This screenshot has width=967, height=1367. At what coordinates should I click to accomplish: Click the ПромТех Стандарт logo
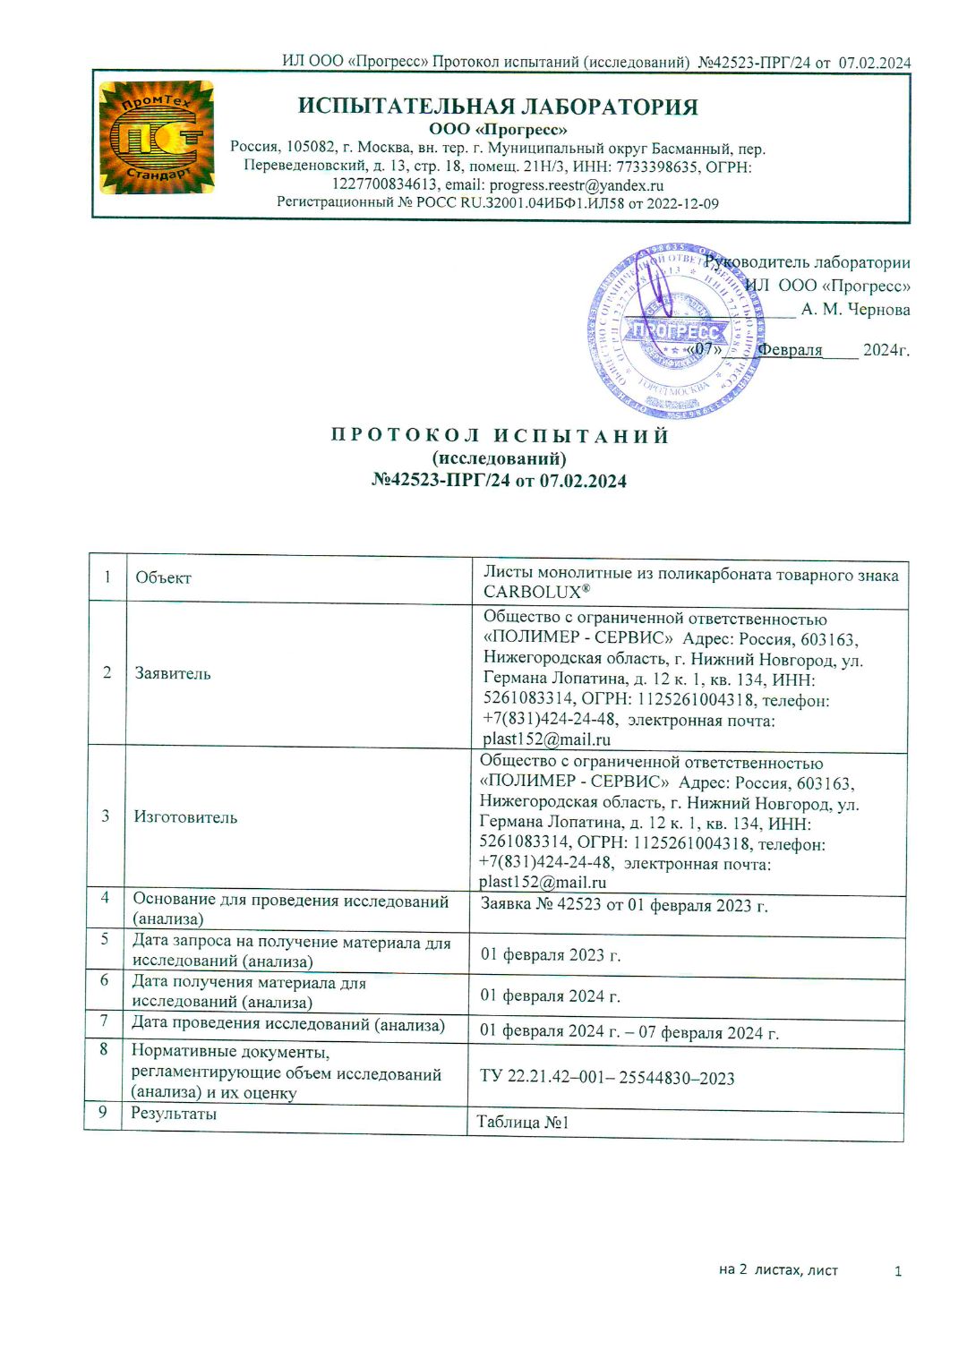[x=157, y=137]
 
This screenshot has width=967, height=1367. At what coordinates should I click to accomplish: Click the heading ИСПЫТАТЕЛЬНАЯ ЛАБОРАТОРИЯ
[x=498, y=107]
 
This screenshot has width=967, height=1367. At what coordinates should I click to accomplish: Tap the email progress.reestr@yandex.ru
[x=577, y=185]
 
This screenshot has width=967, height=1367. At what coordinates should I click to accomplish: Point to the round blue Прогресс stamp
[x=676, y=331]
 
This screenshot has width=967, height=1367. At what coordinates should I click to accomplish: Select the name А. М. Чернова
[x=855, y=310]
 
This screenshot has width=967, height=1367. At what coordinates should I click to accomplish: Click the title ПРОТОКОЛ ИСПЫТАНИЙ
[x=500, y=436]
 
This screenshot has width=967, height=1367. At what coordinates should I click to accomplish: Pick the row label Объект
[x=163, y=578]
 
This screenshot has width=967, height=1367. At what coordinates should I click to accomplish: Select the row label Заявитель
[x=173, y=673]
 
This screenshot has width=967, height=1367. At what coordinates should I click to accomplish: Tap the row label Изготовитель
[x=185, y=817]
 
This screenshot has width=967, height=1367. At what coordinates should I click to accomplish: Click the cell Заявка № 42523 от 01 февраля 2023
[x=624, y=905]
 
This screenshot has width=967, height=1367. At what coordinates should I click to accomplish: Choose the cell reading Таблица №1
[x=523, y=1123]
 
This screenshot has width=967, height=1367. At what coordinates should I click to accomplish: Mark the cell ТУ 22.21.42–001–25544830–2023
[x=607, y=1078]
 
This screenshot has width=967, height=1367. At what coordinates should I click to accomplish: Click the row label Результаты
[x=174, y=1114]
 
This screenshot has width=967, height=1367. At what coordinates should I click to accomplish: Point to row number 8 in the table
[x=104, y=1049]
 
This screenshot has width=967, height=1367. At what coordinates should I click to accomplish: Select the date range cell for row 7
[x=629, y=1031]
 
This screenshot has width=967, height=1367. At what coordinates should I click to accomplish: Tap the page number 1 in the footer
[x=898, y=1271]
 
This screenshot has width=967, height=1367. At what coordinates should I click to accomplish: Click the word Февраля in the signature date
[x=790, y=350]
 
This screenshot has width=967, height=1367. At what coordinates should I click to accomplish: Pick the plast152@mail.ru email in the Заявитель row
[x=546, y=739]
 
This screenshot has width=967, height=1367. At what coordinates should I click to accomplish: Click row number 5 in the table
[x=105, y=939]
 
